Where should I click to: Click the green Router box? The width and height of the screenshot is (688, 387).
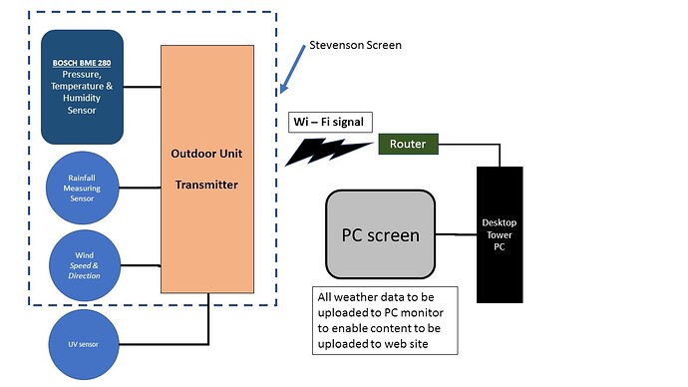407,145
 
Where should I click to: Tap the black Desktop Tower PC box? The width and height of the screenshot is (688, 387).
500,234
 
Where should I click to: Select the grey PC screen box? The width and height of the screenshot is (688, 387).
380,235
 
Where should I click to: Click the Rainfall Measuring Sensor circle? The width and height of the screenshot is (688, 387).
82,186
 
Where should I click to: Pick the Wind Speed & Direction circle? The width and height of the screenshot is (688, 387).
84,264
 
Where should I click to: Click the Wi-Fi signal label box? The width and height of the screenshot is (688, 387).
329,123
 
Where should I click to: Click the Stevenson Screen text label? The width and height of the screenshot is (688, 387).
355,45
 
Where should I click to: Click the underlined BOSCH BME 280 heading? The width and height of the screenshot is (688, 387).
83,63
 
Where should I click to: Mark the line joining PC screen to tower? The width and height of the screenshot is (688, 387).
456,235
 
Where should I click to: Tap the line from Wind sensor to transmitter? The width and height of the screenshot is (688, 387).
140,265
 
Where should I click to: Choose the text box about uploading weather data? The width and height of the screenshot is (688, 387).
384,319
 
